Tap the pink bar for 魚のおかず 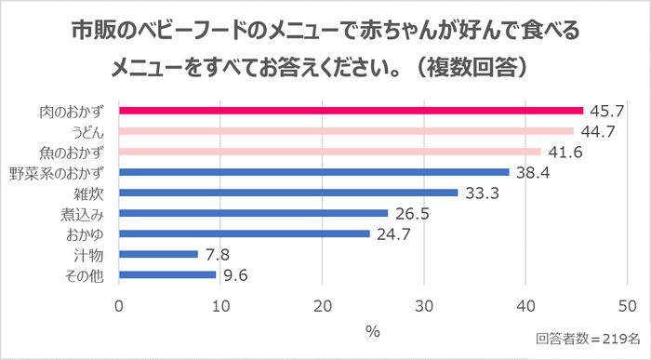tap(330, 152)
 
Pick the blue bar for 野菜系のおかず tap(313, 172)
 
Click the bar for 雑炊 tap(288, 193)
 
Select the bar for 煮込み tap(253, 213)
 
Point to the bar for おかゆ tap(244, 233)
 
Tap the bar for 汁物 tap(158, 254)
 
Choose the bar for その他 tap(167, 274)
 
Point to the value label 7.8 tap(218, 254)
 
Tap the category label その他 tap(91, 274)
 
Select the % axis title tap(372, 330)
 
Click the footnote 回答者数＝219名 tap(586, 340)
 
